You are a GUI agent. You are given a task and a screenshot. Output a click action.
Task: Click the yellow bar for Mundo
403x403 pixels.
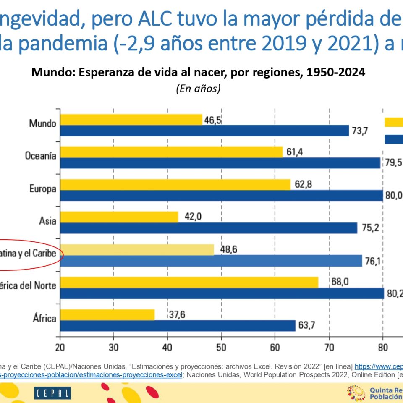point(131,120)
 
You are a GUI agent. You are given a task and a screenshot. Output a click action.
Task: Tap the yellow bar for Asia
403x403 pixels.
point(119,217)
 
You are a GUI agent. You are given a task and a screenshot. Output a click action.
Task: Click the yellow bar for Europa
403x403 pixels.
point(175,184)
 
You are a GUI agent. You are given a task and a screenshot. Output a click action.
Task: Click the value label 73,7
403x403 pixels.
point(360,131)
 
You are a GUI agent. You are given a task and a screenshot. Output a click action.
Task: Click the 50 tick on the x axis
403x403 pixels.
point(221,348)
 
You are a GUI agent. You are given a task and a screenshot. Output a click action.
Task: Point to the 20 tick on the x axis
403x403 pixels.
point(60,348)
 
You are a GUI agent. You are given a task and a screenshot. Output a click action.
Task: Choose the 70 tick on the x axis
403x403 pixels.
point(329,348)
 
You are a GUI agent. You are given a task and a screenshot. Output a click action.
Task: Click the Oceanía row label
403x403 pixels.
point(40,156)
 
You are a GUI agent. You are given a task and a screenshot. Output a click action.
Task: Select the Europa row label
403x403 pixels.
point(42,188)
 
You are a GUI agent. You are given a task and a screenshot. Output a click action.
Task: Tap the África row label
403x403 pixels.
point(44,318)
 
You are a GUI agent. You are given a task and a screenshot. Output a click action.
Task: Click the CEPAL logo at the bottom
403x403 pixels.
point(52,393)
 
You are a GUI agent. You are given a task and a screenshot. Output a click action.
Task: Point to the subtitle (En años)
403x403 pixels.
point(199,89)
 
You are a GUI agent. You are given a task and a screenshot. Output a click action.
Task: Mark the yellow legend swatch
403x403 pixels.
point(394,122)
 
